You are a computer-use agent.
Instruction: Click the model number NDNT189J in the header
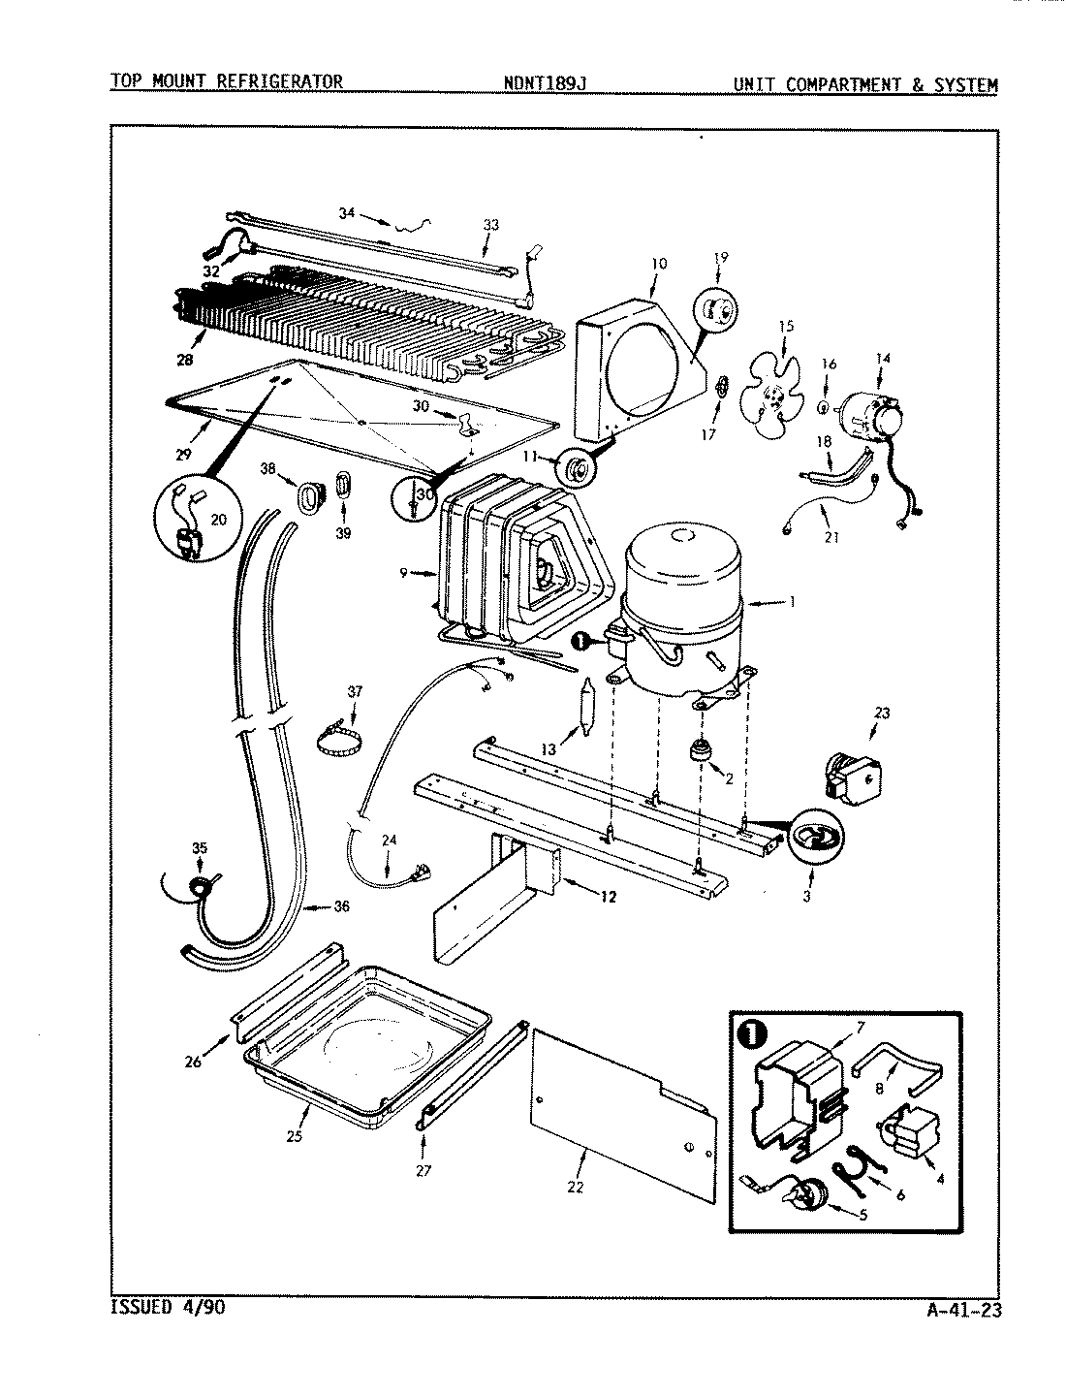click(x=545, y=83)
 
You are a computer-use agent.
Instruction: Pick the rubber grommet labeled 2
click(x=699, y=751)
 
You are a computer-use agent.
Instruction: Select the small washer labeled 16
click(x=823, y=406)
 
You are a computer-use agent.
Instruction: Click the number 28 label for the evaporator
click(x=184, y=360)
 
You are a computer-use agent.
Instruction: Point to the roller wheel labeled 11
click(x=579, y=471)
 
